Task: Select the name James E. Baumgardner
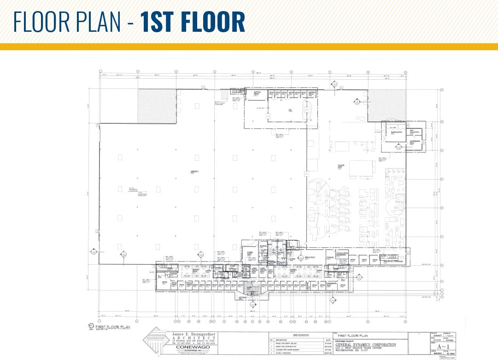pyautogui.click(x=190, y=334)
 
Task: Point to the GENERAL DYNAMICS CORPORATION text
pyautogui.click(x=366, y=344)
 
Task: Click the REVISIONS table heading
pyautogui.click(x=298, y=335)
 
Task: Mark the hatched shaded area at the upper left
pyautogui.click(x=157, y=106)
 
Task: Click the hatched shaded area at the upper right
pyautogui.click(x=387, y=105)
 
